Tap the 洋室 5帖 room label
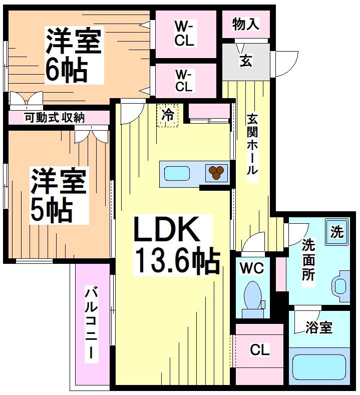[59, 195]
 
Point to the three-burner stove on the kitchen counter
[216, 173]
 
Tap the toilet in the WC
[252, 296]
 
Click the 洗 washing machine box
[337, 232]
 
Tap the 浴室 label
[319, 328]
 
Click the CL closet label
[259, 350]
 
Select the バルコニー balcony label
[92, 324]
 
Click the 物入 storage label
[245, 25]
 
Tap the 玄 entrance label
[245, 62]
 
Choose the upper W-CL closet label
[184, 34]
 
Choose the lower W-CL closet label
[184, 80]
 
